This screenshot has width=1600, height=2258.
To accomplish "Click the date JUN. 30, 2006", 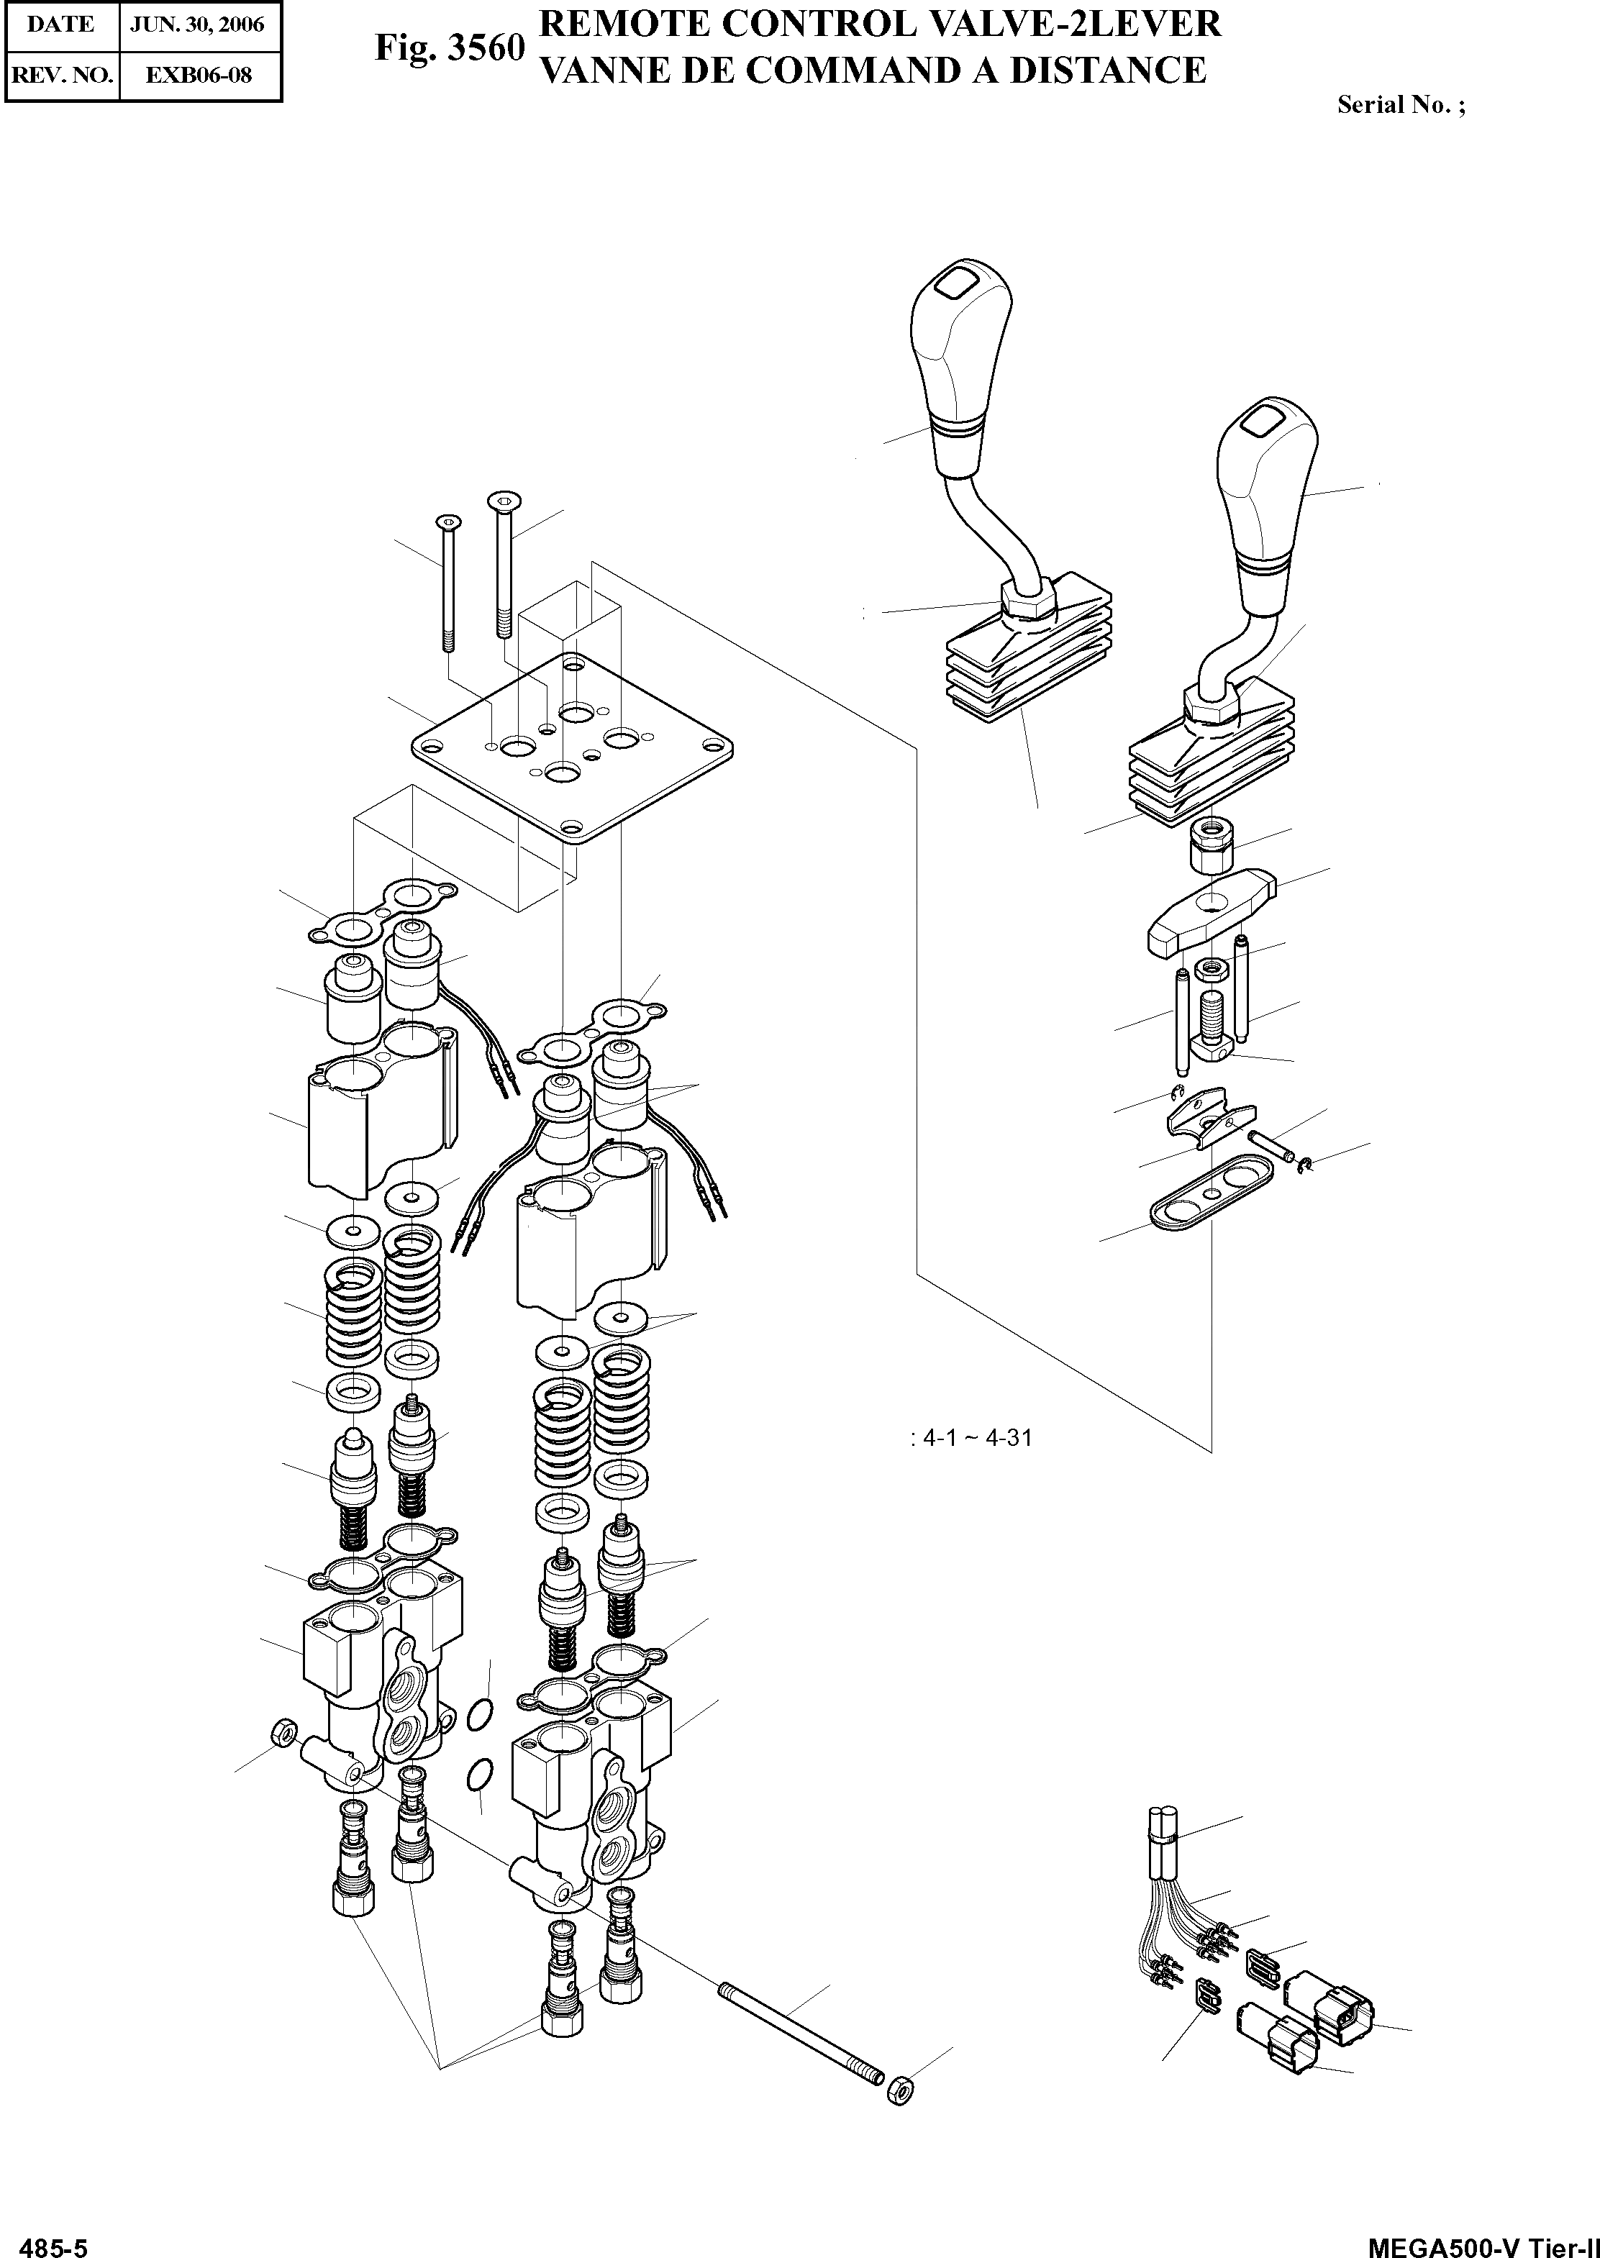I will (198, 24).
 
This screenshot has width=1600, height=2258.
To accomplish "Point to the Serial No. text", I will (1400, 104).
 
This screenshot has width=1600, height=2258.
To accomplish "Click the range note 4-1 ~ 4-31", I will (976, 1437).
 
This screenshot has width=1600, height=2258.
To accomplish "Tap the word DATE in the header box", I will (60, 24).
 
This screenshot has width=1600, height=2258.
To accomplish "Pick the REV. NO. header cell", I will (60, 75).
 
